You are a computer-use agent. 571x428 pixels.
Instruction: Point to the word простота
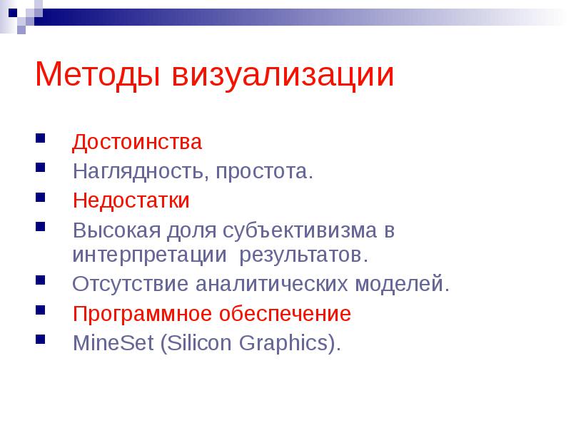tap(269, 172)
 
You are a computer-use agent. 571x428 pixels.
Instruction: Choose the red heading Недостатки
tap(131, 200)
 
